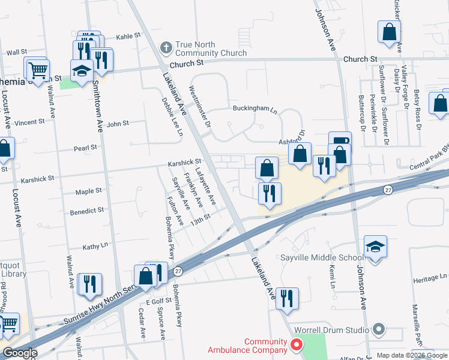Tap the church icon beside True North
pos(166,46)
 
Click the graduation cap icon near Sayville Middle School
pos(375,247)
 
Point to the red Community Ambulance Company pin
pos(295,344)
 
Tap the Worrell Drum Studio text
pos(331,329)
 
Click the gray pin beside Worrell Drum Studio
pos(378,329)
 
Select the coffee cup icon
pos(340,142)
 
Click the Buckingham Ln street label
pos(255,110)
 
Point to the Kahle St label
pos(128,36)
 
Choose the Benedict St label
pos(87,211)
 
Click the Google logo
pos(20,353)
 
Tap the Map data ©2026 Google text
pos(412,355)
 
